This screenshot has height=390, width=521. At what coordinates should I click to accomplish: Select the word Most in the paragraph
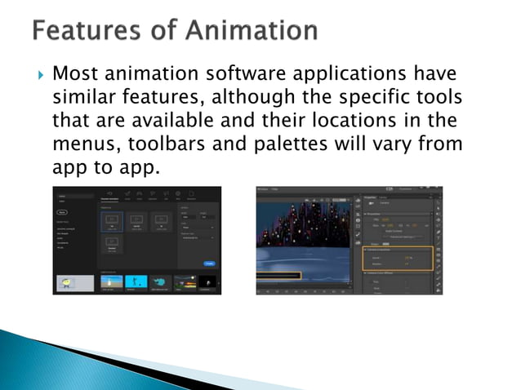pos(75,75)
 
